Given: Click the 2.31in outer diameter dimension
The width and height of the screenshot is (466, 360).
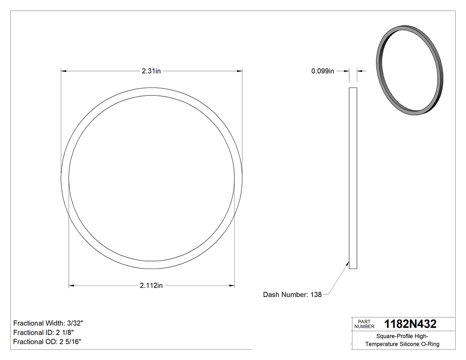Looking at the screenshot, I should click(151, 71).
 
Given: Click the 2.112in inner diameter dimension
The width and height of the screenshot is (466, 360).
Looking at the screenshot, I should click(151, 285).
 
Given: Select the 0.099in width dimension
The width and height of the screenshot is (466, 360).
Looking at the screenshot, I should click(323, 71).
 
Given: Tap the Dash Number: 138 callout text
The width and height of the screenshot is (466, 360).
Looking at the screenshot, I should click(292, 295).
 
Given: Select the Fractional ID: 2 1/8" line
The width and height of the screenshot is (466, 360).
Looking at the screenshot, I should click(43, 332).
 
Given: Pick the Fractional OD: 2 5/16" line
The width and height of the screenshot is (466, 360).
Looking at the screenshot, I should click(47, 342).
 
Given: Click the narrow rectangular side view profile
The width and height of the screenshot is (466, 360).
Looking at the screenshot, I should click(353, 178).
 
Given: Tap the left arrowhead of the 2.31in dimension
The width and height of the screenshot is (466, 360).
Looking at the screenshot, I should click(64, 71).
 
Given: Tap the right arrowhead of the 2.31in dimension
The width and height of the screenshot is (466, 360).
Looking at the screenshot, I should click(240, 71).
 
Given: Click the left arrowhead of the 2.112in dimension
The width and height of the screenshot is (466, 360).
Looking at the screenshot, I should click(71, 285).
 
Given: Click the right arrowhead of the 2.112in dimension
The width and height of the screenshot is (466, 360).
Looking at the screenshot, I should click(232, 285).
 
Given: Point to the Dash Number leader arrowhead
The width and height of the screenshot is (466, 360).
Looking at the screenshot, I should click(348, 263).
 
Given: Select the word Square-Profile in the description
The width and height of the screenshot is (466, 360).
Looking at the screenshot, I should click(393, 336).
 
